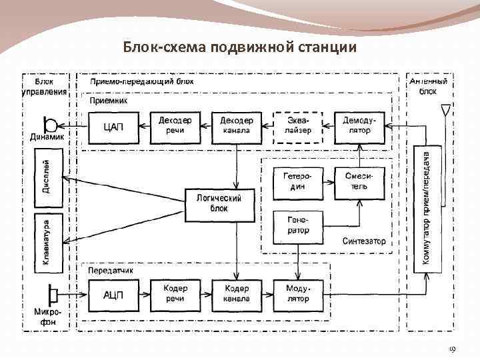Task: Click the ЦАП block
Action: coord(113,126)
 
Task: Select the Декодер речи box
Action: coord(175,126)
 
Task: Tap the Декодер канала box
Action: coord(237,126)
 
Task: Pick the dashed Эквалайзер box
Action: coord(298,126)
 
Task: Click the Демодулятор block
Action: coord(360,126)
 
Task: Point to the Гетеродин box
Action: coord(298,182)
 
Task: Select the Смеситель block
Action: coord(360,182)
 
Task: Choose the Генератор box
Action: coord(298,225)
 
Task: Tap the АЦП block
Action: coord(113,295)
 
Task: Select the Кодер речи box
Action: coord(175,295)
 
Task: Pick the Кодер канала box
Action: coord(237,295)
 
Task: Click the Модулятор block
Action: coord(298,295)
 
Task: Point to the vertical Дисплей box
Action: coord(48,177)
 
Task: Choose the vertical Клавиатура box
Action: coord(48,243)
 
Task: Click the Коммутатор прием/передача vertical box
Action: coord(427,208)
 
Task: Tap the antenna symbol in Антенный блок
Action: coord(445,113)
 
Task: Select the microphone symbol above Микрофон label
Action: coord(51,294)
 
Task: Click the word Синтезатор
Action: coord(363,241)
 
